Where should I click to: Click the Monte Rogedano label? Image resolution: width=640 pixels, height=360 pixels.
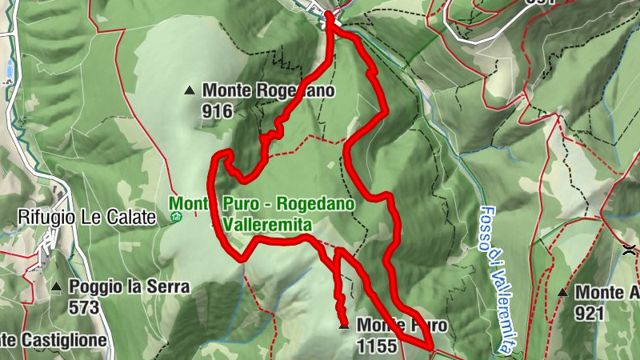(x=269, y=91)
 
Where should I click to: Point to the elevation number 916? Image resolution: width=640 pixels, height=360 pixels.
(x=217, y=111)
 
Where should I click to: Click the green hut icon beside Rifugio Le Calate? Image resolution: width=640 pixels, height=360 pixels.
(x=177, y=216)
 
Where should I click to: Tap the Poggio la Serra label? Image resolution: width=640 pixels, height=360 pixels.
(x=130, y=286)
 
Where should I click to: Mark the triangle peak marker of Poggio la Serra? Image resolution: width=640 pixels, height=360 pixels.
(x=57, y=286)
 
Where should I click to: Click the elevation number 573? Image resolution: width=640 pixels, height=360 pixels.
(x=83, y=306)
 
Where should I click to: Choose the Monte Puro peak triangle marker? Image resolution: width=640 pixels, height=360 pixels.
(x=344, y=326)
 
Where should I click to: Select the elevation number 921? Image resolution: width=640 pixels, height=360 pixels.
(x=589, y=313)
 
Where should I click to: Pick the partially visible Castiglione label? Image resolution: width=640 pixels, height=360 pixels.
(x=53, y=341)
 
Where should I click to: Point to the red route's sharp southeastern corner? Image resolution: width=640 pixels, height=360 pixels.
(x=432, y=346)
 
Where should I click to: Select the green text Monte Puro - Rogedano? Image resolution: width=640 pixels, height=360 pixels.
(x=262, y=205)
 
